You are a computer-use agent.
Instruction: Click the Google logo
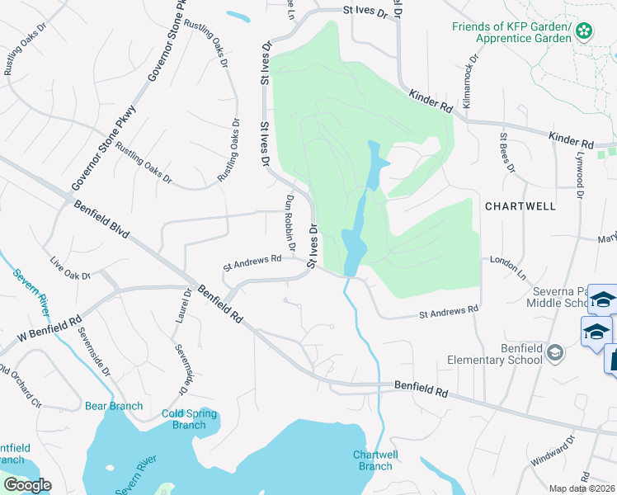coord(27,485)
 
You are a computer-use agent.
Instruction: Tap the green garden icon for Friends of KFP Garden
coord(584,31)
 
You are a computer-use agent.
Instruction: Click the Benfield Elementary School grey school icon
coord(555,354)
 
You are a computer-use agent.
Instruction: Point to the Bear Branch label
coord(114,406)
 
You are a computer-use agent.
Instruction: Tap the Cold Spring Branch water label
coord(189,419)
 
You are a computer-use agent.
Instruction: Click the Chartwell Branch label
coord(374,460)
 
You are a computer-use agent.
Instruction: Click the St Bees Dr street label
coord(506,153)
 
